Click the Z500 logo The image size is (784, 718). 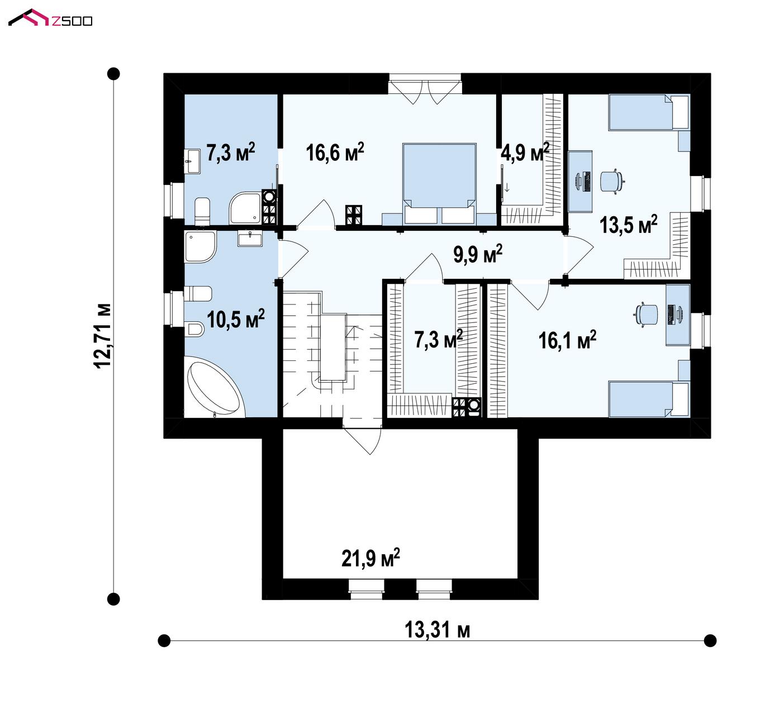(x=50, y=17)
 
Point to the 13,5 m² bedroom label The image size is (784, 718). (x=629, y=225)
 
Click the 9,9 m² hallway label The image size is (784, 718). (x=478, y=254)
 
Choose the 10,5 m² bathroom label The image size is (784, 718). (x=236, y=319)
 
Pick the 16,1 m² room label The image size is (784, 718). (x=568, y=340)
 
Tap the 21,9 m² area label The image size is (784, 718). (x=370, y=558)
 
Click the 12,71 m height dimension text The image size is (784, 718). (x=102, y=336)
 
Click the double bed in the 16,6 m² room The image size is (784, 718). (x=439, y=184)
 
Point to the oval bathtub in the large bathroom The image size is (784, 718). (x=214, y=388)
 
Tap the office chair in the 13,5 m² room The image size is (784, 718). (x=612, y=182)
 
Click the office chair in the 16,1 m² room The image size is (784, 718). (x=646, y=313)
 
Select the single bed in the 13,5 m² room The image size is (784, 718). (x=648, y=112)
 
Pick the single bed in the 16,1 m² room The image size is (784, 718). (x=648, y=399)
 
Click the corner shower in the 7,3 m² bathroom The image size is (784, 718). (x=245, y=208)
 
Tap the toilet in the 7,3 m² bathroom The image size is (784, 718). (x=202, y=211)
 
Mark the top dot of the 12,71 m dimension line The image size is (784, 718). (x=113, y=74)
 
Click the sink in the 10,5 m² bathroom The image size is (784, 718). (x=250, y=239)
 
